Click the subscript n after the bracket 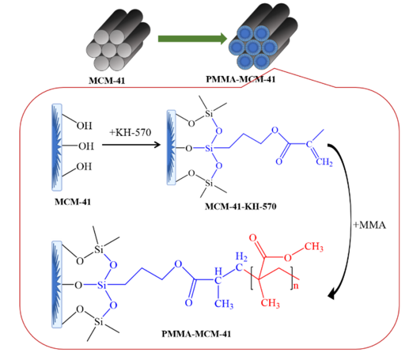click(x=295, y=286)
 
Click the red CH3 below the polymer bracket click(x=270, y=303)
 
